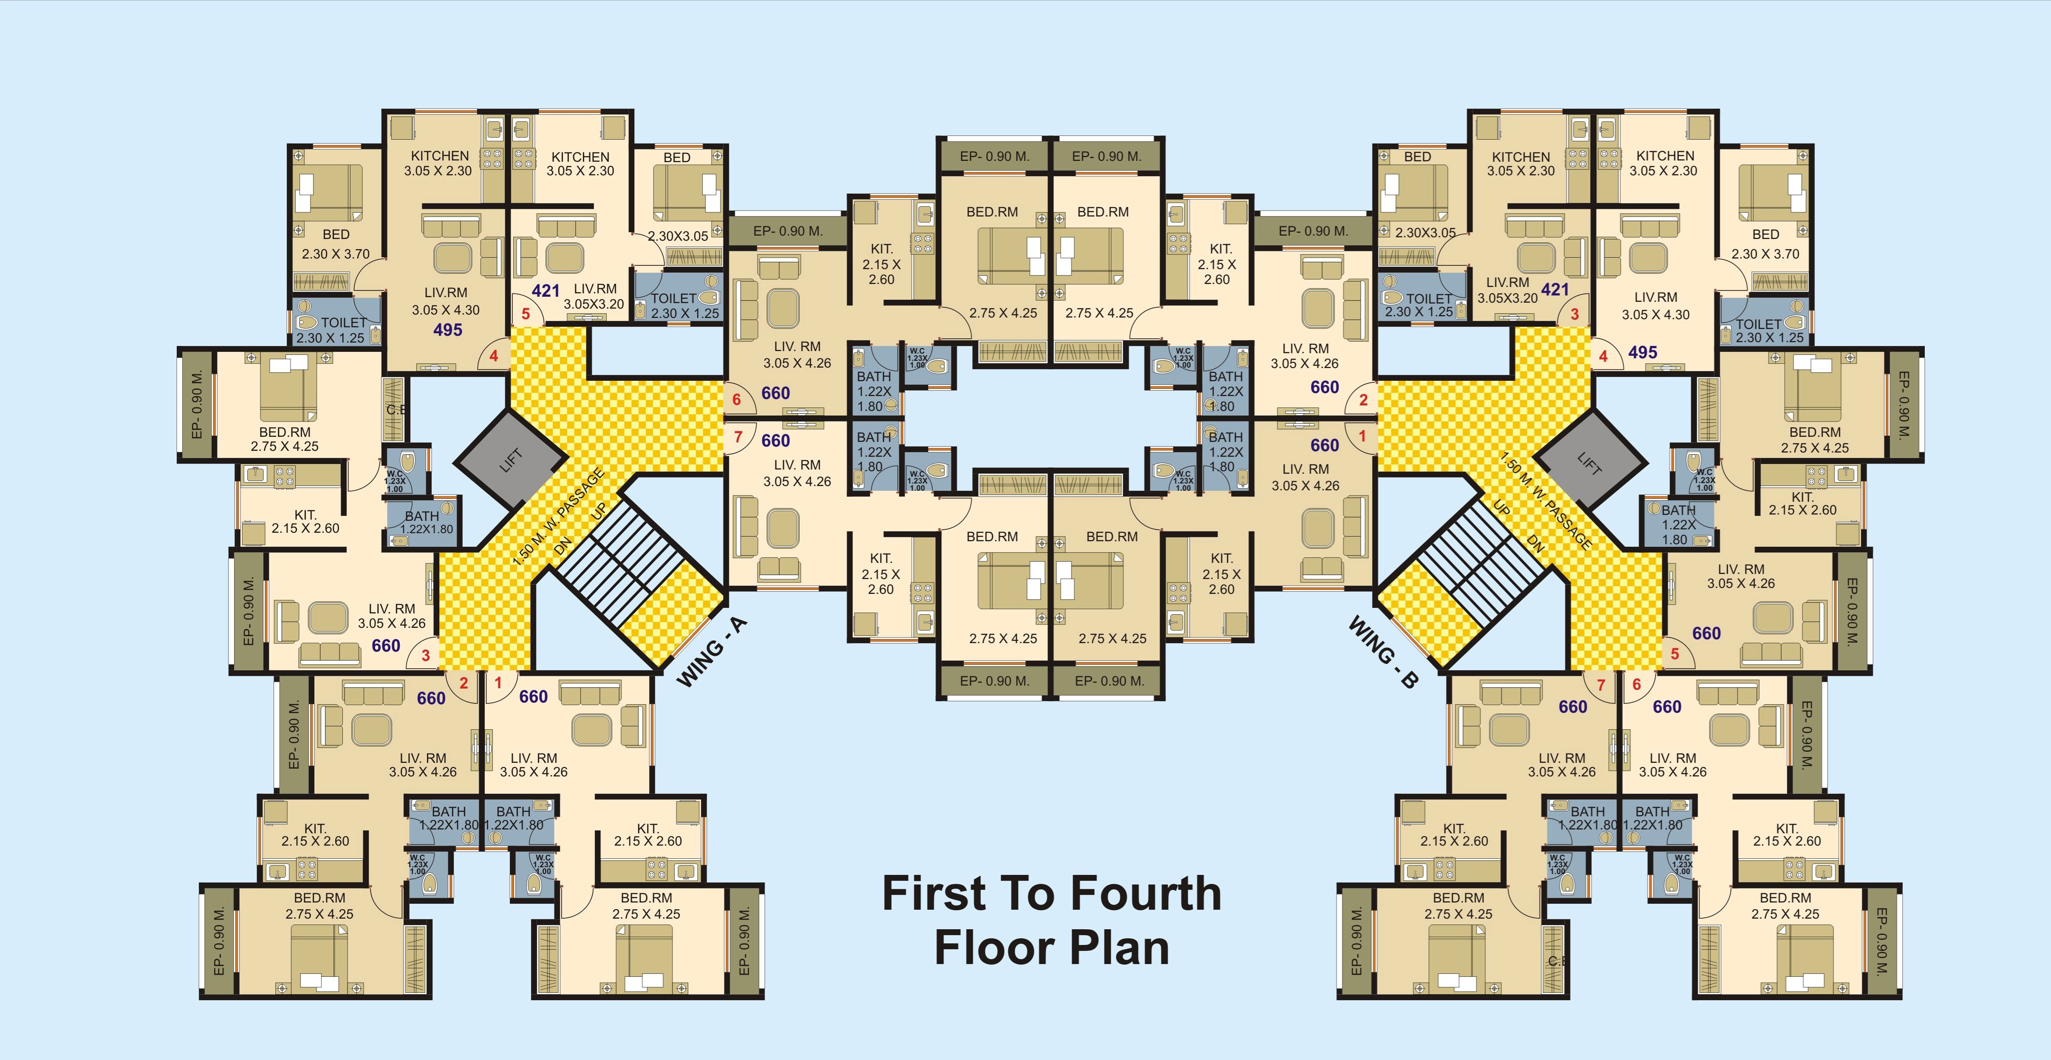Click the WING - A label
[712, 651]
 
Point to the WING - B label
[1383, 651]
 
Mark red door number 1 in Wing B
[1362, 436]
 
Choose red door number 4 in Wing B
[1604, 357]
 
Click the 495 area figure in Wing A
[447, 329]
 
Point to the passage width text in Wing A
[557, 518]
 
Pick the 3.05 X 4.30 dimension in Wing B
[1655, 314]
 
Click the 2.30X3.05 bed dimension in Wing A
[678, 236]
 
